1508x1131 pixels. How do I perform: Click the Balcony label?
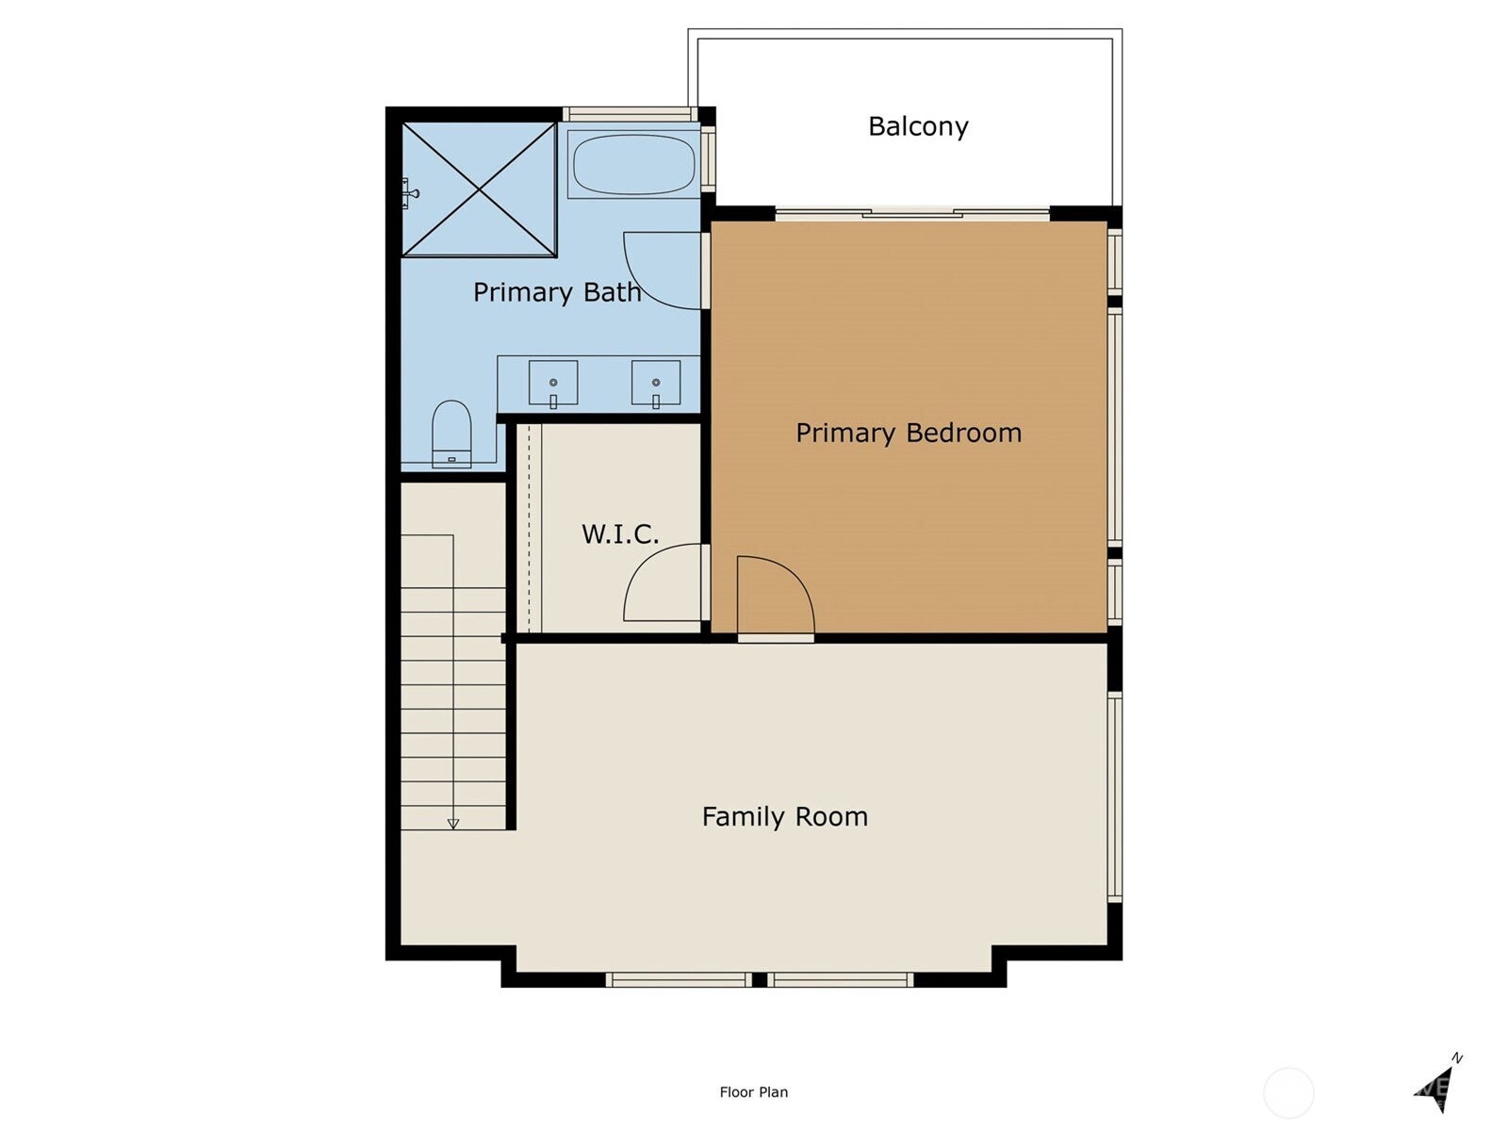point(918,126)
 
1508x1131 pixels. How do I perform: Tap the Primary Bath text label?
point(556,292)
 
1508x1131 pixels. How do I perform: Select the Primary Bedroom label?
point(909,433)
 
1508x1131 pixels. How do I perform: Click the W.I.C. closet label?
point(619,534)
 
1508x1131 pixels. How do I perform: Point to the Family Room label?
point(784,816)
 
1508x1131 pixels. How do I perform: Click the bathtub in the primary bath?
point(633,165)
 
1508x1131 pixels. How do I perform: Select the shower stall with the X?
point(480,189)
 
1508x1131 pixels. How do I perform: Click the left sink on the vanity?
point(553,384)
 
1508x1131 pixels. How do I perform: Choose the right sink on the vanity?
point(656,384)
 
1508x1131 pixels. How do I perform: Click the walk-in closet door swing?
point(660,584)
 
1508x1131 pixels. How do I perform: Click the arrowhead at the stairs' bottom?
point(452,824)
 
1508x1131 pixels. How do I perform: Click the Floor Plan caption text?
point(753,1092)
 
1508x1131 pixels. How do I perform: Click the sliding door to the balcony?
point(912,215)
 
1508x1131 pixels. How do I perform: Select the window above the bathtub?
point(631,115)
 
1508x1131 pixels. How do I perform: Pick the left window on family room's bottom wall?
point(679,980)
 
